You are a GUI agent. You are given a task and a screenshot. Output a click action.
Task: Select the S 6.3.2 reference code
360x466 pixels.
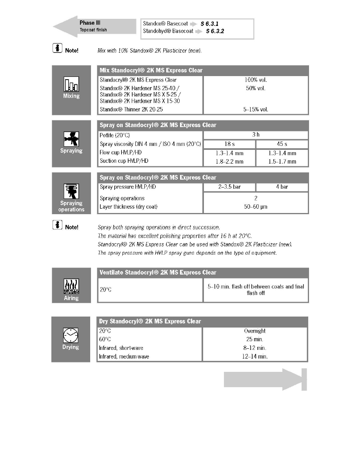point(215,31)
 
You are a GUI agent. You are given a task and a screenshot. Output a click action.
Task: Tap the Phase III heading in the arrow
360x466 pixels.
point(90,23)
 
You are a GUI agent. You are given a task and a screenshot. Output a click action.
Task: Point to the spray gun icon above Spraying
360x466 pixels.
point(71,139)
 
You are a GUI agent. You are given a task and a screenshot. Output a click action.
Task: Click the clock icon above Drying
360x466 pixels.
point(71,335)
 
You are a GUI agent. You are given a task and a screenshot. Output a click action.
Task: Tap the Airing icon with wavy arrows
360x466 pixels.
point(71,286)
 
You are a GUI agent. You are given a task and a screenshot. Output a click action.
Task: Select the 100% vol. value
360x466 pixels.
point(256,80)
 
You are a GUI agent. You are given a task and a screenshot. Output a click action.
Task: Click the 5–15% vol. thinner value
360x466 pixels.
point(256,109)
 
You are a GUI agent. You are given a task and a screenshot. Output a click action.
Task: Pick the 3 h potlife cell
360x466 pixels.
point(256,135)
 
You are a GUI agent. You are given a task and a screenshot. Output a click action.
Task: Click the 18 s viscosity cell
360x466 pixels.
point(229,144)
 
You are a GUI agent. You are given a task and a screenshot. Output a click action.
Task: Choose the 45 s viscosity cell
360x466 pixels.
point(282,144)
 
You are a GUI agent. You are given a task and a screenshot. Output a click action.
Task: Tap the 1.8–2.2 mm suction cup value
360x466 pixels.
point(229,161)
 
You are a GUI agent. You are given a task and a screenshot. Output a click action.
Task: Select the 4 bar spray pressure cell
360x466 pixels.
point(282,187)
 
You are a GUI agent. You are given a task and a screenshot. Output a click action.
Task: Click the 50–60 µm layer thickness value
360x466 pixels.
point(256,207)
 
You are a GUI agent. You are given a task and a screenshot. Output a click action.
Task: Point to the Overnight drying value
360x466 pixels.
point(255,331)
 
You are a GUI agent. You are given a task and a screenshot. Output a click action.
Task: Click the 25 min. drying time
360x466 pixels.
point(255,339)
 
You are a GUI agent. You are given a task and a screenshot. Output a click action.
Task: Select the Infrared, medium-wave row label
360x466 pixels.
point(124,357)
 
